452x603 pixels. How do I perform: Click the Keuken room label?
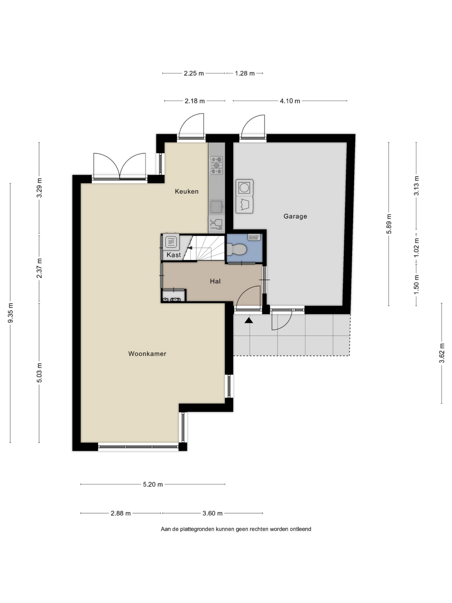point(186,191)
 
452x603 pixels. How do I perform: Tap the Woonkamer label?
point(147,354)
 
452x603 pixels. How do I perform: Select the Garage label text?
point(295,216)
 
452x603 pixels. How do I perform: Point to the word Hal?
point(215,281)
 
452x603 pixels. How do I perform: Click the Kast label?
point(174,255)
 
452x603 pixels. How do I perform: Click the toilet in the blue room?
point(236,249)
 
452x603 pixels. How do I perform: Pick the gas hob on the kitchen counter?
point(216,165)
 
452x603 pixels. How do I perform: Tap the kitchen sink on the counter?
point(217,207)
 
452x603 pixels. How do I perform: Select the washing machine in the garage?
point(244,187)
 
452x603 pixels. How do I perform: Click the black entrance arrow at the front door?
point(249,320)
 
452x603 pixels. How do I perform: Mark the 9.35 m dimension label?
point(10,313)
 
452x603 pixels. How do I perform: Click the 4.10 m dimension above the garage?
point(290,101)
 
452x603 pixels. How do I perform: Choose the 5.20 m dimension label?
point(153,484)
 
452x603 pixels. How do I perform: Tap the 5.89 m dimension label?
point(388,224)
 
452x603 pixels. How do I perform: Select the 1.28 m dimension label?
point(245,73)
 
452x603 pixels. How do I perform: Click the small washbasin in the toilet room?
point(254,237)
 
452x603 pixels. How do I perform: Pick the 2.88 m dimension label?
point(121,513)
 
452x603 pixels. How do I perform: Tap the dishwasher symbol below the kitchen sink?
point(217,224)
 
